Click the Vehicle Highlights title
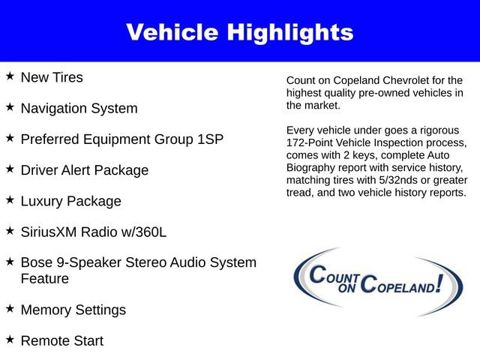click(239, 32)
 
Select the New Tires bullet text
click(52, 77)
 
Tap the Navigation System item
click(79, 108)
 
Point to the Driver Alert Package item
click(84, 170)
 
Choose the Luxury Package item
click(70, 201)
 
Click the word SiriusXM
click(50, 232)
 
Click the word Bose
click(37, 263)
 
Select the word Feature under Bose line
click(44, 279)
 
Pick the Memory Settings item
click(73, 310)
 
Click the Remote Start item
click(61, 341)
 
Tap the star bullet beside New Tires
click(10, 76)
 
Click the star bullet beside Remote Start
click(10, 340)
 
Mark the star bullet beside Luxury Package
click(10, 200)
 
